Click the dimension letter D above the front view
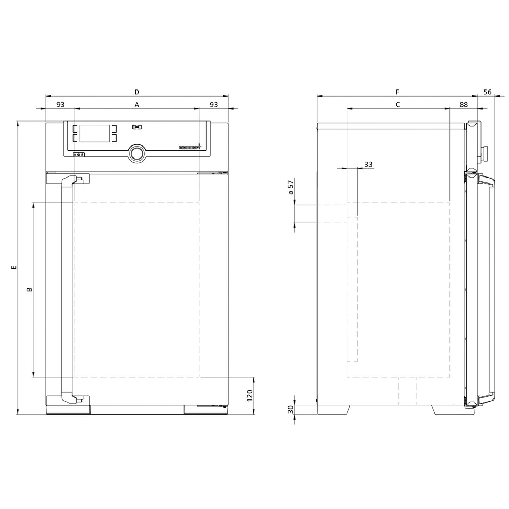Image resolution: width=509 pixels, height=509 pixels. [x=137, y=92]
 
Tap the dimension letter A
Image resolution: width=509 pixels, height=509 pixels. [x=137, y=105]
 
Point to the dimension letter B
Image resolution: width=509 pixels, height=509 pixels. [x=30, y=289]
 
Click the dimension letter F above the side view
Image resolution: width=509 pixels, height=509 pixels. [x=397, y=92]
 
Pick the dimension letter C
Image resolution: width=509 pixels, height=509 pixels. [x=398, y=105]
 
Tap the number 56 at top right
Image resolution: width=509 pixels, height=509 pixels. [x=488, y=92]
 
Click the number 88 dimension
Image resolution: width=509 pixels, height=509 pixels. [x=464, y=105]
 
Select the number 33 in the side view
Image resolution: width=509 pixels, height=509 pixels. [x=368, y=164]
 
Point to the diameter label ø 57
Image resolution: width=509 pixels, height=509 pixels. [x=291, y=187]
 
